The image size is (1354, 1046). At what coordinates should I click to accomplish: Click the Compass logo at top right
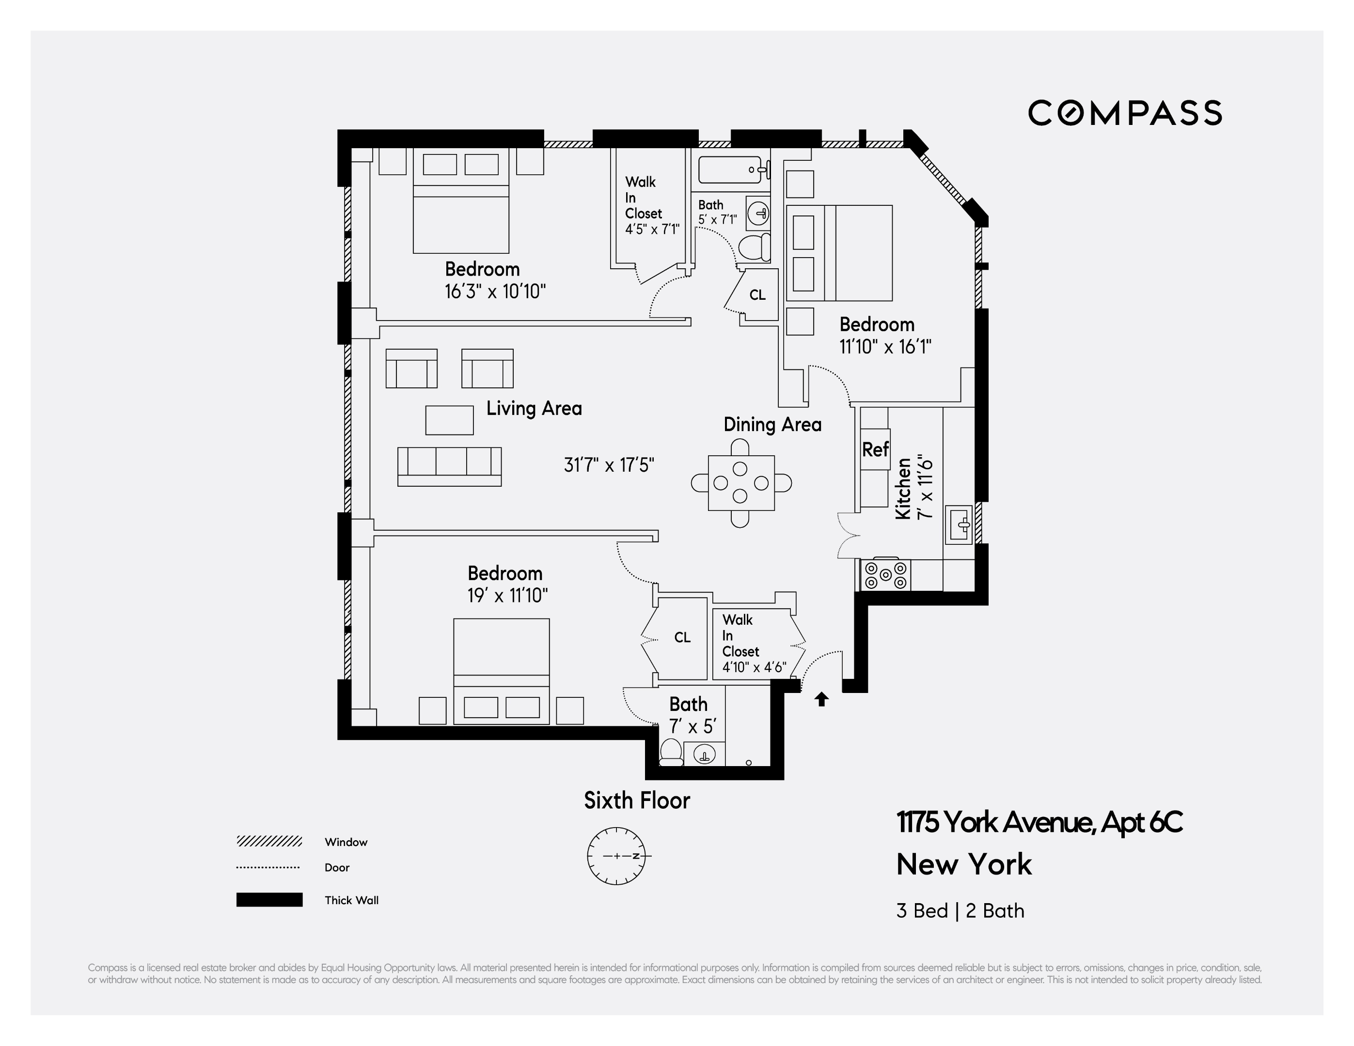tap(1125, 113)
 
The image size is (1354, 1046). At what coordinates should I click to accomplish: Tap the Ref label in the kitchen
tap(875, 449)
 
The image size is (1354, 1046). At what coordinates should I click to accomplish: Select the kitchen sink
tap(959, 525)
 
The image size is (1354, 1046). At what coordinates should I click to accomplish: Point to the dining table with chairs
tap(741, 483)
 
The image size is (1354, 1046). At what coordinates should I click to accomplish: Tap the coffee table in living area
tap(449, 420)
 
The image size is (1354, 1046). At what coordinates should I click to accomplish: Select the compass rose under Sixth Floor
tap(616, 856)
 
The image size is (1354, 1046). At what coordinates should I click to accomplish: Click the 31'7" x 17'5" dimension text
tap(608, 465)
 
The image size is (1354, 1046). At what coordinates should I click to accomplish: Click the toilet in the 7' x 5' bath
tap(670, 752)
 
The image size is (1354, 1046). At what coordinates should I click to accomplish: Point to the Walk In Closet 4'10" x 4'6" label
tap(753, 643)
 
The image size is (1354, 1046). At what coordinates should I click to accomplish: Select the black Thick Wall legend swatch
tap(269, 900)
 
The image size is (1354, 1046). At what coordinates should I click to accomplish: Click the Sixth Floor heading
tap(637, 800)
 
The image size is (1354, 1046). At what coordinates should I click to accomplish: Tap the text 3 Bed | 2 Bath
tap(960, 911)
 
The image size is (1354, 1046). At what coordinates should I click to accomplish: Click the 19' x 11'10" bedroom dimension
tap(507, 596)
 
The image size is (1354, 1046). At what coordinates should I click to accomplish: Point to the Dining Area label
tap(772, 425)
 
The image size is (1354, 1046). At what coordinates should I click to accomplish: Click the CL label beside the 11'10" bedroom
tap(757, 295)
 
